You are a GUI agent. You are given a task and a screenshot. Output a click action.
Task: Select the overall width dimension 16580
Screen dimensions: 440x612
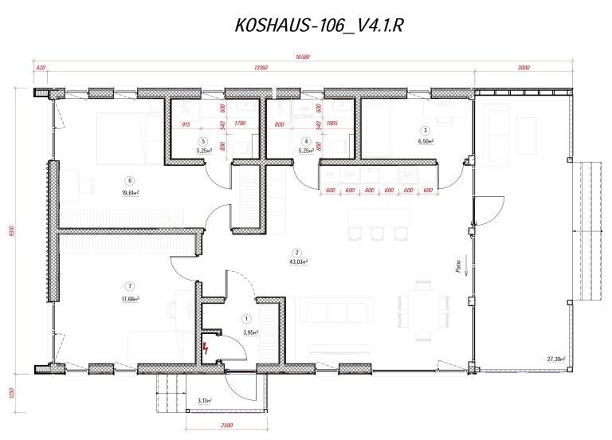(302, 57)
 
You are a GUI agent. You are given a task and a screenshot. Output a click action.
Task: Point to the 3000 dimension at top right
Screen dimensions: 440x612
(524, 69)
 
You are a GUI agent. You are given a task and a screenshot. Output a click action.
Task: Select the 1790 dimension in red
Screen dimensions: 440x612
(240, 124)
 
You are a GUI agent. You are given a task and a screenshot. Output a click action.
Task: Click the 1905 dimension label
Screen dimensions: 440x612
(332, 124)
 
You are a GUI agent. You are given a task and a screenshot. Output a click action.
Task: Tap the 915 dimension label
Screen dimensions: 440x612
(186, 124)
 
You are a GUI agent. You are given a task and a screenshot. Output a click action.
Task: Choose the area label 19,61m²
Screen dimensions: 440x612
(130, 191)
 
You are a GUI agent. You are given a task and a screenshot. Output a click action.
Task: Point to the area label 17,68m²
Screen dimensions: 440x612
(130, 299)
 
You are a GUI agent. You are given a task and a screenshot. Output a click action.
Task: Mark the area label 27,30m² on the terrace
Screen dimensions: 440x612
(556, 359)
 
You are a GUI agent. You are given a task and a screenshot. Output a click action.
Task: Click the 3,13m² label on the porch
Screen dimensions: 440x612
(205, 401)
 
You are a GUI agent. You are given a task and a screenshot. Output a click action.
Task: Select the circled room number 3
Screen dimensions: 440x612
(426, 131)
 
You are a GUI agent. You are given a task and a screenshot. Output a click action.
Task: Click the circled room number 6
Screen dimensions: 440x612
(130, 180)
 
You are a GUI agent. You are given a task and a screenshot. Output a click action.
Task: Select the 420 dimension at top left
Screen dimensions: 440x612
(40, 69)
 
